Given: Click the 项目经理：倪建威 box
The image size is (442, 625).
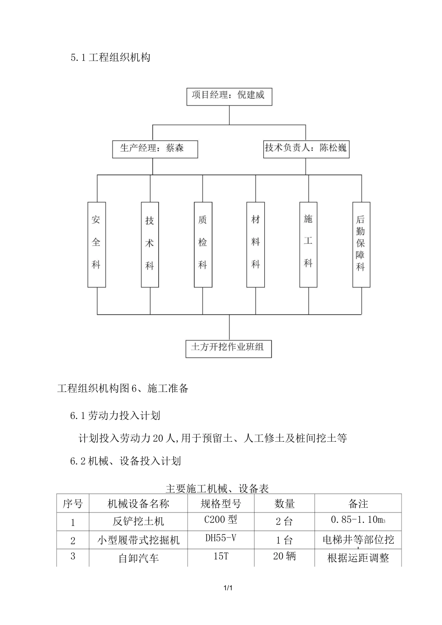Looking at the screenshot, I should pos(228,96).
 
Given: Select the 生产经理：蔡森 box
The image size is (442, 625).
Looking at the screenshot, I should pos(155,149).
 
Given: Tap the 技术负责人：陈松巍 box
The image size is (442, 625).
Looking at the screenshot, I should pos(306,149).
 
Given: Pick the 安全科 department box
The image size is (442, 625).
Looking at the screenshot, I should pos(96,244).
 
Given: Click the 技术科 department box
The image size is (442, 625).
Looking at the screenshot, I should pos(150,244).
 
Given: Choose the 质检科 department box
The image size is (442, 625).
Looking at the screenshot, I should pos(203,244).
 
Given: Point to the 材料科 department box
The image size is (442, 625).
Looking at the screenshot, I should pos(255,244).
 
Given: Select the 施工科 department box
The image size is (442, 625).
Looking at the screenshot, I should pos(308,244).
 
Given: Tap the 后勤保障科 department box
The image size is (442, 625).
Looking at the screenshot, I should pos(361,244).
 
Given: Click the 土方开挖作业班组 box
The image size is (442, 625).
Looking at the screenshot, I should pos(228,348).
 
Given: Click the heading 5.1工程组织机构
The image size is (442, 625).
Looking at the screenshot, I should pos(110,58).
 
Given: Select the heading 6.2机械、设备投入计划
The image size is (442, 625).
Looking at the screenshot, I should pos(125,461).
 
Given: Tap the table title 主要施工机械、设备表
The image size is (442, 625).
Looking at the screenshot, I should pos(217,488).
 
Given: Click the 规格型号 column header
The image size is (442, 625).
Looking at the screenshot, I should pos(221,504).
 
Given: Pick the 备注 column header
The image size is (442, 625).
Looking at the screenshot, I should pos(358,504).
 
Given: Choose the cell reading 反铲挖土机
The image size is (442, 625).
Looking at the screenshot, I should pos(138,522).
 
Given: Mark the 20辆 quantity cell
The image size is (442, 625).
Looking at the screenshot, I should pos(284,556).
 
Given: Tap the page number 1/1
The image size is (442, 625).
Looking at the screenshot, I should pos(228,589).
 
